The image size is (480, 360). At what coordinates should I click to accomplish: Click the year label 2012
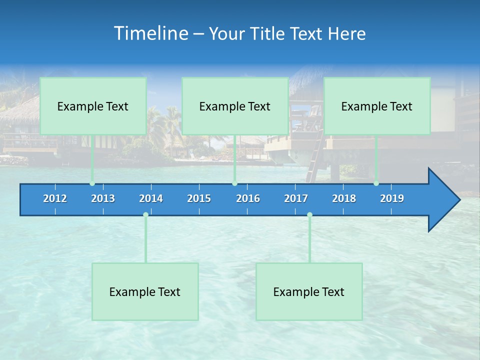(x=55, y=198)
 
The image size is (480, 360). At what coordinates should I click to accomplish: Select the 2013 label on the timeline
(x=103, y=198)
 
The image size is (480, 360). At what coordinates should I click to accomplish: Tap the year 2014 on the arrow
(x=151, y=198)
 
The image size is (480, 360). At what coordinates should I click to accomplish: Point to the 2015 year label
(x=199, y=198)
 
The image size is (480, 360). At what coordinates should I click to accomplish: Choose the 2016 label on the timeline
(x=248, y=198)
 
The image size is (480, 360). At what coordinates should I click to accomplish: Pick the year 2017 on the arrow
(x=296, y=198)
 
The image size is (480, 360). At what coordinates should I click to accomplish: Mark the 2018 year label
(x=344, y=198)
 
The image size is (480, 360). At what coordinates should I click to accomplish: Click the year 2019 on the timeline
(x=392, y=198)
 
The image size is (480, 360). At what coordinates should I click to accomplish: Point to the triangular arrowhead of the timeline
(x=443, y=200)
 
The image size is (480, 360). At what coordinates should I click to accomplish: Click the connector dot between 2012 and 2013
(x=92, y=183)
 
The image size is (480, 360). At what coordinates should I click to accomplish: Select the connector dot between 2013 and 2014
(x=145, y=215)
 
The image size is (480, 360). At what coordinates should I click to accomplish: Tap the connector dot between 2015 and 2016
(x=234, y=183)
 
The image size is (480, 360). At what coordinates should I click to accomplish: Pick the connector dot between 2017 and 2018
(x=309, y=215)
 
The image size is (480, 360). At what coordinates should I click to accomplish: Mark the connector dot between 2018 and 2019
(x=376, y=183)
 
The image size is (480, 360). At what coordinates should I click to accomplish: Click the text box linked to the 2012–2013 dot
(x=93, y=106)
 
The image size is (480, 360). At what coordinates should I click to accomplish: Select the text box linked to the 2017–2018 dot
(x=309, y=291)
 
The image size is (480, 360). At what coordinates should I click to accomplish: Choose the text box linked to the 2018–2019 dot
(x=377, y=106)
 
